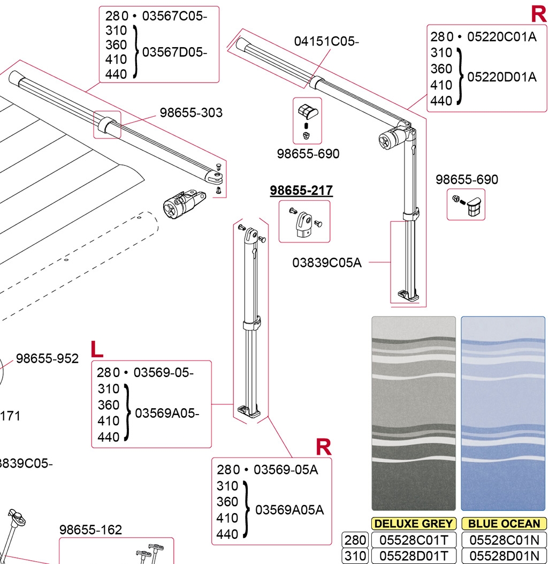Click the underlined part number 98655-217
coord(301,191)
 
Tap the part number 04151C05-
coord(326,41)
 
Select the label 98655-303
coord(191,113)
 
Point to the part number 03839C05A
coord(327,262)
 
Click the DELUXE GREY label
coord(414,524)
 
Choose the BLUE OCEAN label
coord(504,524)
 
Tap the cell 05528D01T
coord(414,557)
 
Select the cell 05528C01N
coord(504,540)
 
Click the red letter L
coord(97,349)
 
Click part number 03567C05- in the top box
coord(174,16)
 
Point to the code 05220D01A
coord(502,77)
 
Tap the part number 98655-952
coord(47,359)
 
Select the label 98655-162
coord(90,530)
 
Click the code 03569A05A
coord(289,509)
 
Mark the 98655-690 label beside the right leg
coord(467,179)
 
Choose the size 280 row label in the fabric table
coord(353,540)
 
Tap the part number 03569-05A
coord(286,470)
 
